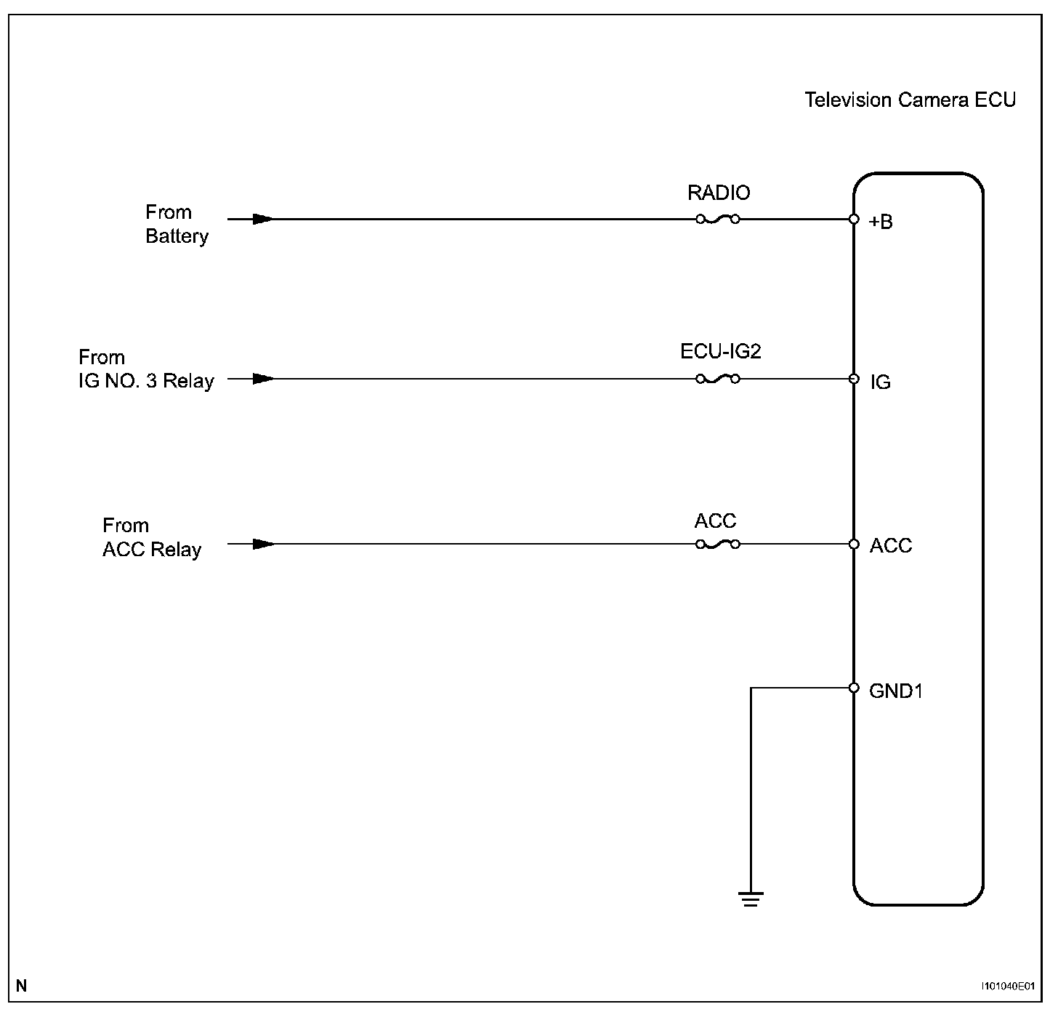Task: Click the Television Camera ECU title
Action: pos(910,100)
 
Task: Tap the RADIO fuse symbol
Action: pos(718,219)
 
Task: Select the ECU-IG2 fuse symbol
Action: pos(718,379)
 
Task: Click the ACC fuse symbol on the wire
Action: pos(718,544)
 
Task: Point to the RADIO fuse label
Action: pos(719,193)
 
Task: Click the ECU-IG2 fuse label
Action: pos(720,352)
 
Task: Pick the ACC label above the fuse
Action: pos(715,521)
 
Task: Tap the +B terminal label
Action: pos(881,222)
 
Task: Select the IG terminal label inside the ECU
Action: pos(880,382)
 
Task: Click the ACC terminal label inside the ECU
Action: pos(890,546)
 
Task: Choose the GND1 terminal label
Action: pos(895,691)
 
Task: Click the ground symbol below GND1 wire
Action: pos(751,899)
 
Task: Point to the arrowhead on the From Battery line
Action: pos(263,219)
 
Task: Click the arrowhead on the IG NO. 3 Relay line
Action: pos(263,379)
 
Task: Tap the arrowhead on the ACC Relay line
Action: pos(263,544)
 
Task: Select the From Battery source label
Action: pos(177,224)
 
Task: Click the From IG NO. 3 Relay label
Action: pos(146,369)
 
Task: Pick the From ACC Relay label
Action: pos(151,537)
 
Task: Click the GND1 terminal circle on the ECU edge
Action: pos(854,688)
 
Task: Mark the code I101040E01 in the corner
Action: pos(1007,987)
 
